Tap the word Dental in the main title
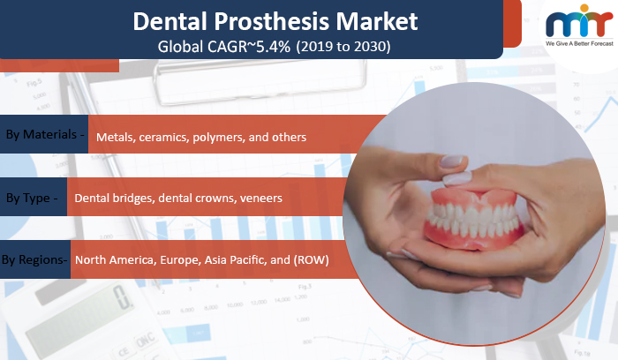click(170, 21)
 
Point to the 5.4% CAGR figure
click(273, 47)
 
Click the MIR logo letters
click(579, 23)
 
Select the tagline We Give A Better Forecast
click(579, 44)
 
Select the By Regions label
click(34, 260)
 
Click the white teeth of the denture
click(473, 221)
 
